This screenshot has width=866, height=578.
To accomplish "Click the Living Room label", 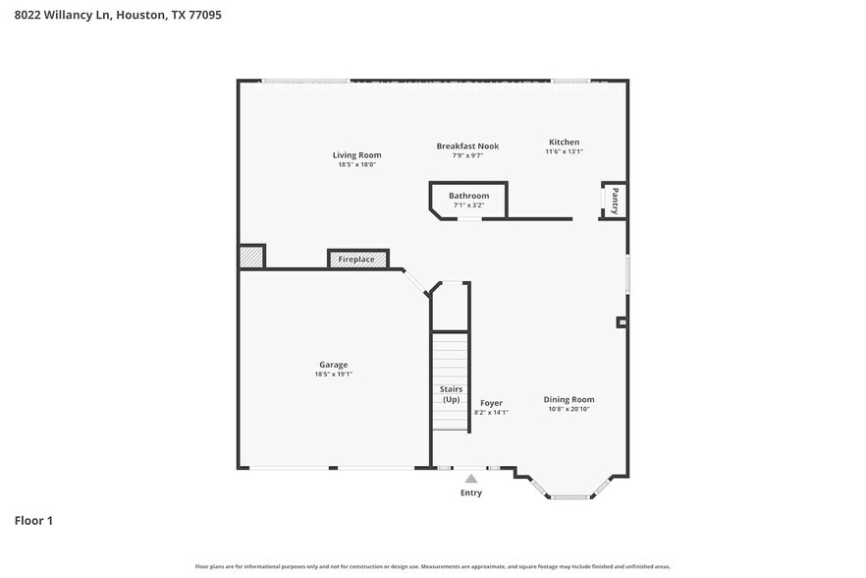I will coord(356,155).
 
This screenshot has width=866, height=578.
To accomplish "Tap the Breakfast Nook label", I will coord(467,146).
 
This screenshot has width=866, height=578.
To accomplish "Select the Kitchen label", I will coord(564,143).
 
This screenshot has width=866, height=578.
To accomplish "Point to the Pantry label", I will coord(615,200).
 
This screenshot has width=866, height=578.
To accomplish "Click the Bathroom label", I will coord(468,196).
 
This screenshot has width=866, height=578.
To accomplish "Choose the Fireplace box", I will coord(356,260).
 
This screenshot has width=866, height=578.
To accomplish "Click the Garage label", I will coord(333,365).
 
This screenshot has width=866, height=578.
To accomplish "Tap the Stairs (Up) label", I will coord(451,395).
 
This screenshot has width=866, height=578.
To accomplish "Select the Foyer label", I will coord(491,403).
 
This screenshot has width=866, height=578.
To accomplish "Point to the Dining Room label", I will coord(569,399).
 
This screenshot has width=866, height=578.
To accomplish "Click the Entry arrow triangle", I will coord(471,479).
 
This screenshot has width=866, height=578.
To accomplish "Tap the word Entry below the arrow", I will coord(471,492).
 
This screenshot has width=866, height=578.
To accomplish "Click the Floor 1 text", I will coord(33,520).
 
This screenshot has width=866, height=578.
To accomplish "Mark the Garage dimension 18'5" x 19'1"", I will coord(333,375).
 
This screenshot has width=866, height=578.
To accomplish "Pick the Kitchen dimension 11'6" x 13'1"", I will coord(564,152).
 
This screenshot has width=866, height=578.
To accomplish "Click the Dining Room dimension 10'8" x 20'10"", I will coord(569,410).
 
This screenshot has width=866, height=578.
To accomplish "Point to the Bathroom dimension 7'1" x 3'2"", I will coord(468,205).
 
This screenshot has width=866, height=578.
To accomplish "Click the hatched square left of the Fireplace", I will coord(251,257).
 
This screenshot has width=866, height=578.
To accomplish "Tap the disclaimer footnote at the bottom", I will coord(433,567).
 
